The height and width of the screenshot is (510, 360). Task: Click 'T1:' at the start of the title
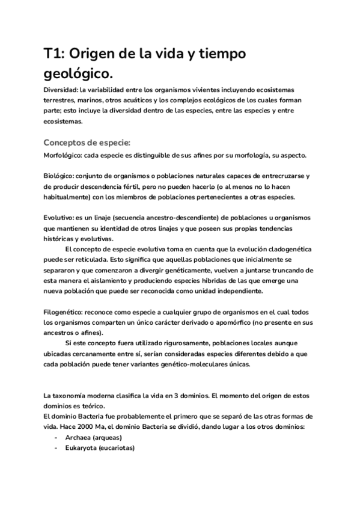[55, 54]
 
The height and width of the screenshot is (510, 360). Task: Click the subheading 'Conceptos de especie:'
[87, 143]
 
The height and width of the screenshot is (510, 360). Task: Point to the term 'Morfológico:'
[63, 155]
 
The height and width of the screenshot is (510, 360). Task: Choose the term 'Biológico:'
[58, 176]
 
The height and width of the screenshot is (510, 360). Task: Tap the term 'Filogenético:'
[63, 312]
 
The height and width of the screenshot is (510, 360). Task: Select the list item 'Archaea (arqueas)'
[93, 437]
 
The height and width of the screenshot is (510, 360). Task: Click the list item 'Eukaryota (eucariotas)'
[100, 448]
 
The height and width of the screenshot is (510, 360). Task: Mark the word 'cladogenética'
[285, 249]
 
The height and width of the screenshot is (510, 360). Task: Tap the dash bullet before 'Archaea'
[56, 437]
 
